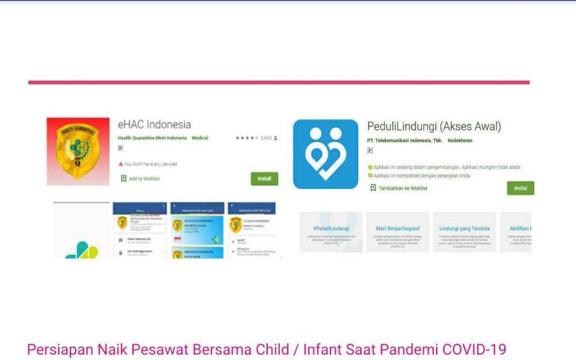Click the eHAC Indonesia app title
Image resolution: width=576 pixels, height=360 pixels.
pyautogui.click(x=154, y=124)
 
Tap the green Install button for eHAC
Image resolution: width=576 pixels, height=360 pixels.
pyautogui.click(x=264, y=179)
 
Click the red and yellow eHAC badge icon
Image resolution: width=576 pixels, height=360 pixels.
pyautogui.click(x=78, y=151)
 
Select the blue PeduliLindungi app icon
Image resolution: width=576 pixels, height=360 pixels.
pyautogui.click(x=325, y=154)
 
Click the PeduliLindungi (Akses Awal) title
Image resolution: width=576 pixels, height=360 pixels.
pyautogui.click(x=434, y=126)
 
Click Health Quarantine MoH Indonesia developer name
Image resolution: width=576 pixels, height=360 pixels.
pyautogui.click(x=152, y=138)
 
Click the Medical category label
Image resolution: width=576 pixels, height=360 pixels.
pyautogui.click(x=200, y=138)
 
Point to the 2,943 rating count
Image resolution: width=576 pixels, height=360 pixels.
pyautogui.click(x=266, y=138)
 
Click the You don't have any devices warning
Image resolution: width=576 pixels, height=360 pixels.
pyautogui.click(x=148, y=164)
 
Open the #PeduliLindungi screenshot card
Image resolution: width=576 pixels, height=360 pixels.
pyautogui.click(x=331, y=232)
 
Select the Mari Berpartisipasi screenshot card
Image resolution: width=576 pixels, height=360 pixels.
pyautogui.click(x=397, y=232)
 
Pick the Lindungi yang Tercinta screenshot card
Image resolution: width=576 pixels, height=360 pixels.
pyautogui.click(x=464, y=232)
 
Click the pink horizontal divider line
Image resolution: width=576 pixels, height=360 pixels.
pyautogui.click(x=279, y=82)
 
